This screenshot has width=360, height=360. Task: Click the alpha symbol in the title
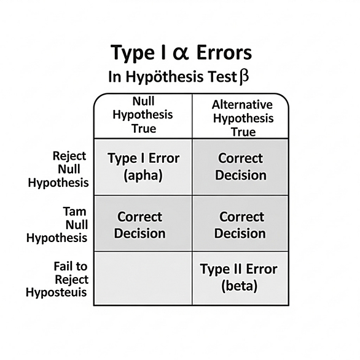(x=181, y=53)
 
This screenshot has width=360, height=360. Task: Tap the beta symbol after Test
(x=244, y=77)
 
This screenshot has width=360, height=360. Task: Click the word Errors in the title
(x=224, y=53)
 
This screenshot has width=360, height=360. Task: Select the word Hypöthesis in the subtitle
(x=165, y=77)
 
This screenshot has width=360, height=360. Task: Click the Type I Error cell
(x=143, y=166)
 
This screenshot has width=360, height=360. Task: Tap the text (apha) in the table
(x=143, y=176)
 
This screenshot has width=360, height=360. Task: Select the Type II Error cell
(x=240, y=278)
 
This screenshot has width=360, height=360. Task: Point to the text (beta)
(x=239, y=286)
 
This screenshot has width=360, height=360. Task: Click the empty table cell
(x=143, y=278)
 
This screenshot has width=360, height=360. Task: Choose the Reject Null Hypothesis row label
(x=58, y=170)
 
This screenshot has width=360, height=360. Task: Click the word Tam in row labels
(x=74, y=211)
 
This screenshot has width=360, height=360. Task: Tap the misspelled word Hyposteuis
(x=57, y=292)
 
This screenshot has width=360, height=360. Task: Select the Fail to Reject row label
(x=57, y=280)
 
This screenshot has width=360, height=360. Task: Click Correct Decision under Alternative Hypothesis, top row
(x=241, y=166)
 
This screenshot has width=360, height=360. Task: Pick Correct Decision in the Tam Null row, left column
(x=140, y=225)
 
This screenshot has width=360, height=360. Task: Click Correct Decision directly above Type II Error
(x=240, y=225)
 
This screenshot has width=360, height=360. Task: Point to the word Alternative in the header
(x=242, y=105)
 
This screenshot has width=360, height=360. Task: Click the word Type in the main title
(x=133, y=53)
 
